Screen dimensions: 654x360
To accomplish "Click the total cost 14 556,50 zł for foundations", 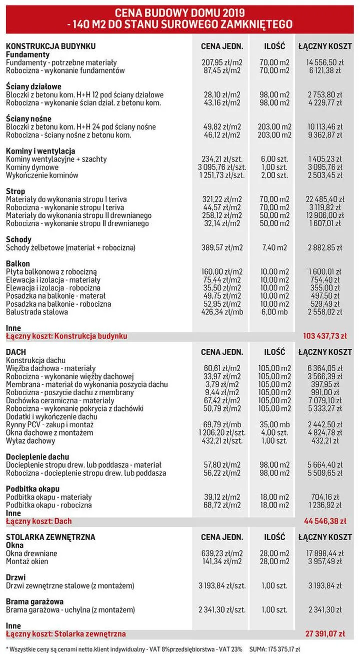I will click(324, 62).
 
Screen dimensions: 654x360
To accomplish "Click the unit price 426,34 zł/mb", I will click(221, 312).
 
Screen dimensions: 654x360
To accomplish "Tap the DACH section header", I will click(15, 352).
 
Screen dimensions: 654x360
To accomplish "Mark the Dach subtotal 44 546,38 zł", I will click(325, 521).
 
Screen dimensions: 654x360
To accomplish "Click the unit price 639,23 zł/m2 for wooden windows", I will click(221, 554).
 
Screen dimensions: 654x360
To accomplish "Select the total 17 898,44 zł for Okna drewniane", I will click(324, 554).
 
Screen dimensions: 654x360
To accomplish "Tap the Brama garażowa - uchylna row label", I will click(70, 610).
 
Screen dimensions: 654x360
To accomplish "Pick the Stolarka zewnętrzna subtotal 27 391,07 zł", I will click(325, 634).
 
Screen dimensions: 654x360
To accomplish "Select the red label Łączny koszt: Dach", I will click(38, 521).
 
